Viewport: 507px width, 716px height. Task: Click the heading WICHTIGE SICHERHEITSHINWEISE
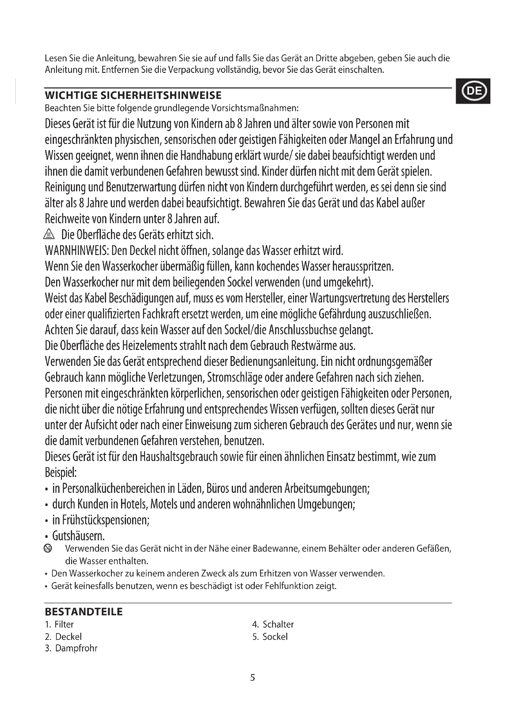[x=133, y=96]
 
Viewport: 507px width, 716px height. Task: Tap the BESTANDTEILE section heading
[x=84, y=612]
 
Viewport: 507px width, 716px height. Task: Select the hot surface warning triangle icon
[x=49, y=234]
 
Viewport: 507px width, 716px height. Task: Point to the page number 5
[x=253, y=678]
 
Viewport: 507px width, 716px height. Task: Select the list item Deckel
[x=68, y=636]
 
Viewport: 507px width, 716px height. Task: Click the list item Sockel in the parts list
[x=275, y=636]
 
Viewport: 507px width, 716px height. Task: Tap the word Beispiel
[x=61, y=473]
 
